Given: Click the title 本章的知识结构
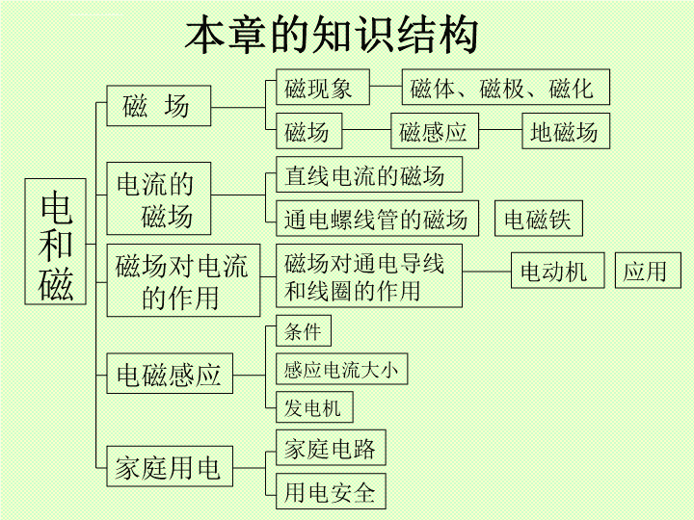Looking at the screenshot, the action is click(332, 35).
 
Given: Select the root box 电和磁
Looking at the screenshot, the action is click(55, 242).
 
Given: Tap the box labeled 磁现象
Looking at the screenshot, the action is click(323, 87).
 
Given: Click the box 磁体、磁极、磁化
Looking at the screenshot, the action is click(505, 87).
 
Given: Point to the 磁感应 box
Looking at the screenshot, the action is click(435, 131).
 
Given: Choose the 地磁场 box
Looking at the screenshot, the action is click(566, 131).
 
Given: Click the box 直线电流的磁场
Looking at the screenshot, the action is click(369, 174).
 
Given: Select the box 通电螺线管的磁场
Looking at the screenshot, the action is click(377, 219).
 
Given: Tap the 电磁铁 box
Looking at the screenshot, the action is click(538, 219).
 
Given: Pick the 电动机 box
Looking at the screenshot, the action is click(558, 271).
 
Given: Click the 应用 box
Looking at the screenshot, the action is click(648, 271).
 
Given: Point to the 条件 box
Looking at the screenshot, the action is click(304, 330).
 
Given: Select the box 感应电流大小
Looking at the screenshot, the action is click(341, 369).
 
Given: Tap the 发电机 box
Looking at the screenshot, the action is click(314, 406).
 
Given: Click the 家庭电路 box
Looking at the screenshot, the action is click(331, 448).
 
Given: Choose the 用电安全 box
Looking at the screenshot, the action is click(331, 491).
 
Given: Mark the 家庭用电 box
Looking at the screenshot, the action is click(170, 466).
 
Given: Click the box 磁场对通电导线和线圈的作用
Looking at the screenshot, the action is click(369, 275).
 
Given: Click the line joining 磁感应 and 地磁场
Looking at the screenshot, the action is click(500, 130).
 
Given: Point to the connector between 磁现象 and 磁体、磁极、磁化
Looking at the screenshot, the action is click(386, 87).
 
